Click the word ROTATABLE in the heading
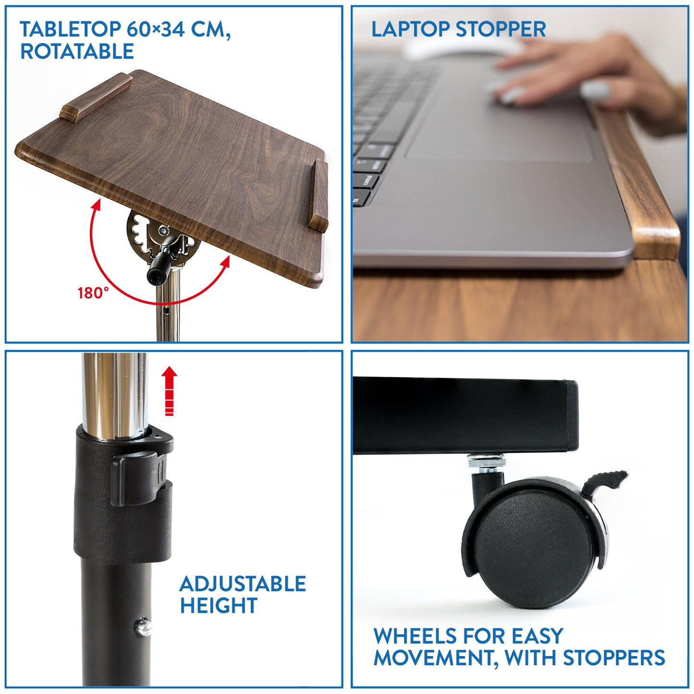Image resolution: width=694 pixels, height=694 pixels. [x=77, y=51]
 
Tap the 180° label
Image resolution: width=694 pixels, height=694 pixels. [x=93, y=292]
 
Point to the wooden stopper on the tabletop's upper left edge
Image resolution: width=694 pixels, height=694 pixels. [x=96, y=97]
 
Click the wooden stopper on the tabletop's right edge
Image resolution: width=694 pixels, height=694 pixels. [x=319, y=195]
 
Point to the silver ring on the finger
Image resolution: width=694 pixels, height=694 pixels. [x=595, y=90]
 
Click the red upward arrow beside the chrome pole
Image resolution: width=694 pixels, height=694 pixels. [x=169, y=391]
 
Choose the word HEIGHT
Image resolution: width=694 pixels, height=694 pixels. [x=219, y=606]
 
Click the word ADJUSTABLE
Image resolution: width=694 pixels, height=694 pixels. [x=243, y=584]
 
